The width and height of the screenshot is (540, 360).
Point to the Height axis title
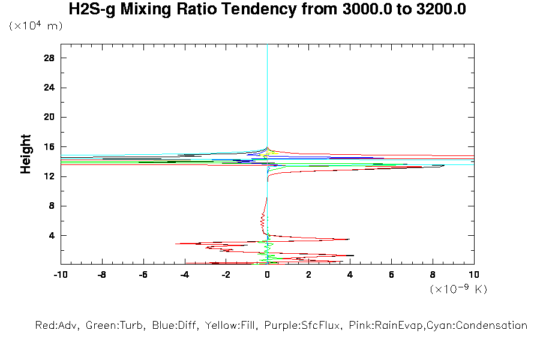pyautogui.click(x=26, y=154)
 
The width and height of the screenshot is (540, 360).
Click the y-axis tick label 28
pyautogui.click(x=49, y=58)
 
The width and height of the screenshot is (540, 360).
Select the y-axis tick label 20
pyautogui.click(x=49, y=117)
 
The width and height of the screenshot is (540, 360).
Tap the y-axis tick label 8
pyautogui.click(x=52, y=206)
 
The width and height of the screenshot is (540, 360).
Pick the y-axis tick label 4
pyautogui.click(x=52, y=235)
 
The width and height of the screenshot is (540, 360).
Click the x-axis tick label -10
pyautogui.click(x=60, y=274)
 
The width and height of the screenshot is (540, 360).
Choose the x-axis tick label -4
pyautogui.click(x=184, y=274)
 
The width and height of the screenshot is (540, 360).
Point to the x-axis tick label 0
pyautogui.click(x=267, y=274)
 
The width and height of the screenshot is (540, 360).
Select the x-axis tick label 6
pyautogui.click(x=391, y=274)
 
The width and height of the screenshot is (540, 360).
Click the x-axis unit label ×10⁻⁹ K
pyautogui.click(x=458, y=289)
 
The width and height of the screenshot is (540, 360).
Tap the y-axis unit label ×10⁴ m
pyautogui.click(x=35, y=26)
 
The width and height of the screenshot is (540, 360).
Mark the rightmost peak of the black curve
pyautogui.click(x=444, y=166)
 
